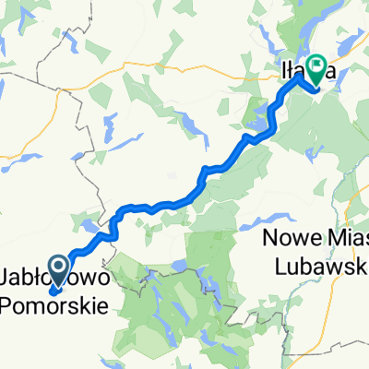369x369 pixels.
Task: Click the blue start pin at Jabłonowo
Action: click(x=57, y=268)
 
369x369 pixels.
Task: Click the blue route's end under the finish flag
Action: click(x=316, y=89)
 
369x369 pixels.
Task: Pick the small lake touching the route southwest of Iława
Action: click(x=273, y=114)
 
